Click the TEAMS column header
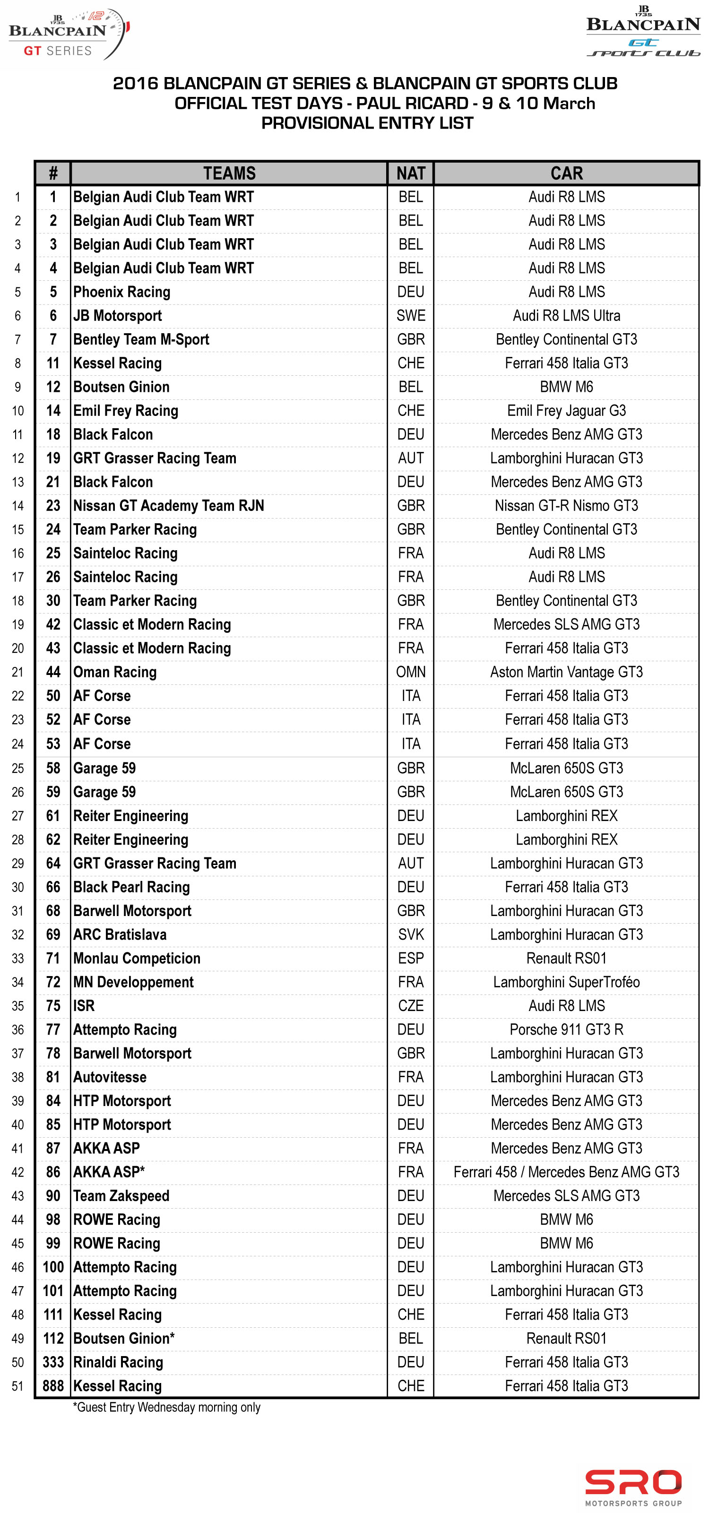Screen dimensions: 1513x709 point(229,173)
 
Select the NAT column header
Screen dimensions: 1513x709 point(411,173)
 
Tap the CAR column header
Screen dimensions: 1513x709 point(566,173)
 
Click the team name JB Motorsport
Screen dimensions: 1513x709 point(118,316)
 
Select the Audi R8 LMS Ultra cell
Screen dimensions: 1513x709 point(566,316)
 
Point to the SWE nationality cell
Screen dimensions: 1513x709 point(411,316)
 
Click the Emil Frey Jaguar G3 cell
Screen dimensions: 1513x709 point(566,411)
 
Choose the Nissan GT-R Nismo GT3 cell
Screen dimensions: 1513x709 point(566,506)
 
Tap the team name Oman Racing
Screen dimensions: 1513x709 point(114,672)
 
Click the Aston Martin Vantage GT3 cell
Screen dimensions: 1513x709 point(566,672)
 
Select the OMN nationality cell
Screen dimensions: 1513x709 point(411,672)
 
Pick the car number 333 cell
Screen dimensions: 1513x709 point(53,1362)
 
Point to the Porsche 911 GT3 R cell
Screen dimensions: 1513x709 point(566,1029)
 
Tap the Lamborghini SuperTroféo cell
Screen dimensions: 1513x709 point(566,982)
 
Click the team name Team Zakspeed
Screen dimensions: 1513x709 point(121,1196)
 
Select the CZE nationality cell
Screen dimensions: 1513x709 point(411,1006)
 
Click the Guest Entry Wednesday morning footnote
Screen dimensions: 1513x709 point(166,1407)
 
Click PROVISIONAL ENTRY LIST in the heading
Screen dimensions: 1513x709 point(367,123)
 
